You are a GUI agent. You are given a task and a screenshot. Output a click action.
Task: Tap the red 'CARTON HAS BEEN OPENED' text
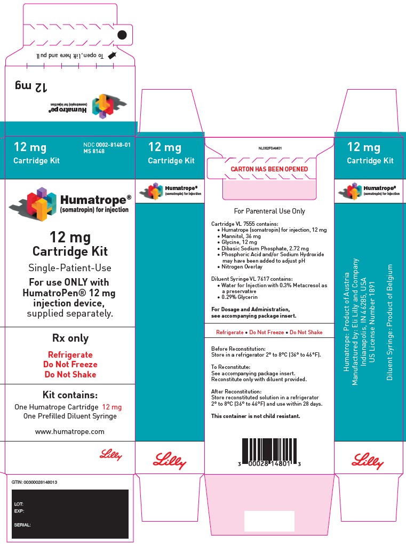269,169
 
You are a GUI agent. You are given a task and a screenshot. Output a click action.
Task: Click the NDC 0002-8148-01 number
107,145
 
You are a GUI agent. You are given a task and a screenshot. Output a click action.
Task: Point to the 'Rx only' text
70,338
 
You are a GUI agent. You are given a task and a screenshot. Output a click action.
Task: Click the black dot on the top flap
122,35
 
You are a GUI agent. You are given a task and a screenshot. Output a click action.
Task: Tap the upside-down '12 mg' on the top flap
31,85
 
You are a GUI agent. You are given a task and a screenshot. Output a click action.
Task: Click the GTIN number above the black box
34,482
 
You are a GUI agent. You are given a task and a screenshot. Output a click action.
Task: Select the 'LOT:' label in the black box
19,504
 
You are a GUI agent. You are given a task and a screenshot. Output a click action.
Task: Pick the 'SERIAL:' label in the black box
22,525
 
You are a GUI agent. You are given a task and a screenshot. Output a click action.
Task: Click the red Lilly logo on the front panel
111,455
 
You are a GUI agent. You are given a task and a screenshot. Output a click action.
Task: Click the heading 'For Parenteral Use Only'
269,211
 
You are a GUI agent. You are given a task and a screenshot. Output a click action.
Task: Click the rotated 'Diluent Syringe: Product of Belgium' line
390,322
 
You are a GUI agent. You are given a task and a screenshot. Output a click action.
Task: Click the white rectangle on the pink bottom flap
269,521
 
